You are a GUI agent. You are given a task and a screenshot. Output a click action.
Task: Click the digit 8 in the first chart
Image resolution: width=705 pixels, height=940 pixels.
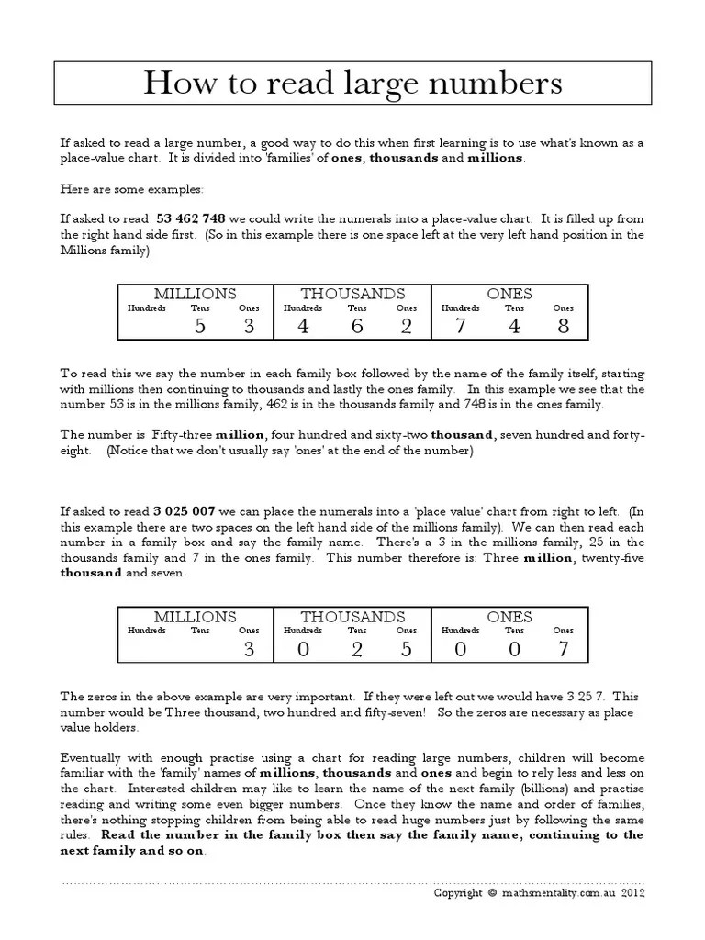click(563, 326)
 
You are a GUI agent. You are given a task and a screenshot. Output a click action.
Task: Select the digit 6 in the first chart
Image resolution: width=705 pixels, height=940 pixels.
click(356, 326)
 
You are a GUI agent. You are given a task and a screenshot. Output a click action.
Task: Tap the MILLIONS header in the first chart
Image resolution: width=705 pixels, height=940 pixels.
click(195, 294)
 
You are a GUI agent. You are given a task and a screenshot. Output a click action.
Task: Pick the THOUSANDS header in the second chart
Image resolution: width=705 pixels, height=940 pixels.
click(352, 617)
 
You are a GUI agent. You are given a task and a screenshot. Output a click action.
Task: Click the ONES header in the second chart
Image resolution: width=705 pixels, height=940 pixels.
click(510, 617)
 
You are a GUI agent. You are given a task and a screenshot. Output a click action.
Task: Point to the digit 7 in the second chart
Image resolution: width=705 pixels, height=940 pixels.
click(563, 649)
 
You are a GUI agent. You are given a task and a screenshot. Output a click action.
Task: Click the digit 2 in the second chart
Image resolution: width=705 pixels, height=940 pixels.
click(356, 649)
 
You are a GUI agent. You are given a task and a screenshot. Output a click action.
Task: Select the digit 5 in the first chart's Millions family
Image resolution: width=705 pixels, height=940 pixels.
click(200, 326)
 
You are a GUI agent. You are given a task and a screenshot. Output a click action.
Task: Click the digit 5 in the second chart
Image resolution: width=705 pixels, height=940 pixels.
click(406, 649)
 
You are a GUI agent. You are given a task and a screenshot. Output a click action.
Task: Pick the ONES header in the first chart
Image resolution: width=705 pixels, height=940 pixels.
click(510, 294)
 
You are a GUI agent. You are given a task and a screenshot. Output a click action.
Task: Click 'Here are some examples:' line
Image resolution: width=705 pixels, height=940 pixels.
click(134, 188)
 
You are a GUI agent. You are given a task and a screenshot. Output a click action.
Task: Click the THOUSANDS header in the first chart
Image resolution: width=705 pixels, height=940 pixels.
click(352, 294)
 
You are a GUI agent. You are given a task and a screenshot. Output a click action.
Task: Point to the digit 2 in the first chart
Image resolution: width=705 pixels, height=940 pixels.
click(406, 326)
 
